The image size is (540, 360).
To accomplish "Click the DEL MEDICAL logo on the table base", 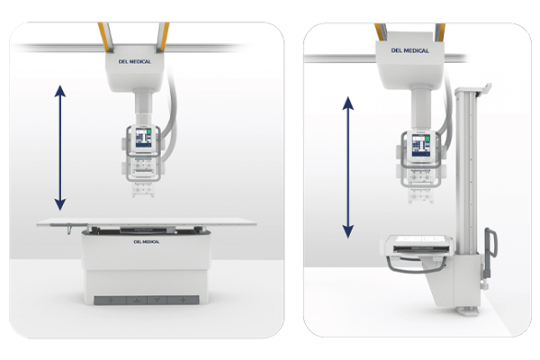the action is tap(147, 242).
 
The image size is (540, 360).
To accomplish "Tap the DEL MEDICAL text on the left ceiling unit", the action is tap(135, 62).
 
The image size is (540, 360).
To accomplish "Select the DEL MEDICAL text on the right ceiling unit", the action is tap(409, 50).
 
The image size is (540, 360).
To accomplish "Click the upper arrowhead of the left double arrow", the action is tap(60, 91).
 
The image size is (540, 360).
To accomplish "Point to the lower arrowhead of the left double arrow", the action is tap(60, 204).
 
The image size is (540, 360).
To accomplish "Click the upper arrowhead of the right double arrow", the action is tap(348, 103).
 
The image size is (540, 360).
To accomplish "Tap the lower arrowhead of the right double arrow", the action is tap(348, 232).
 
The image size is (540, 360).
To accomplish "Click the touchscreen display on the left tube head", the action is tap(143, 138).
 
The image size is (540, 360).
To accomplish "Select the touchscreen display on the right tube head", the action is tap(421, 146).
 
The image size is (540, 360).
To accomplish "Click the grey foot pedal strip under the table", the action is tap(147, 300).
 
